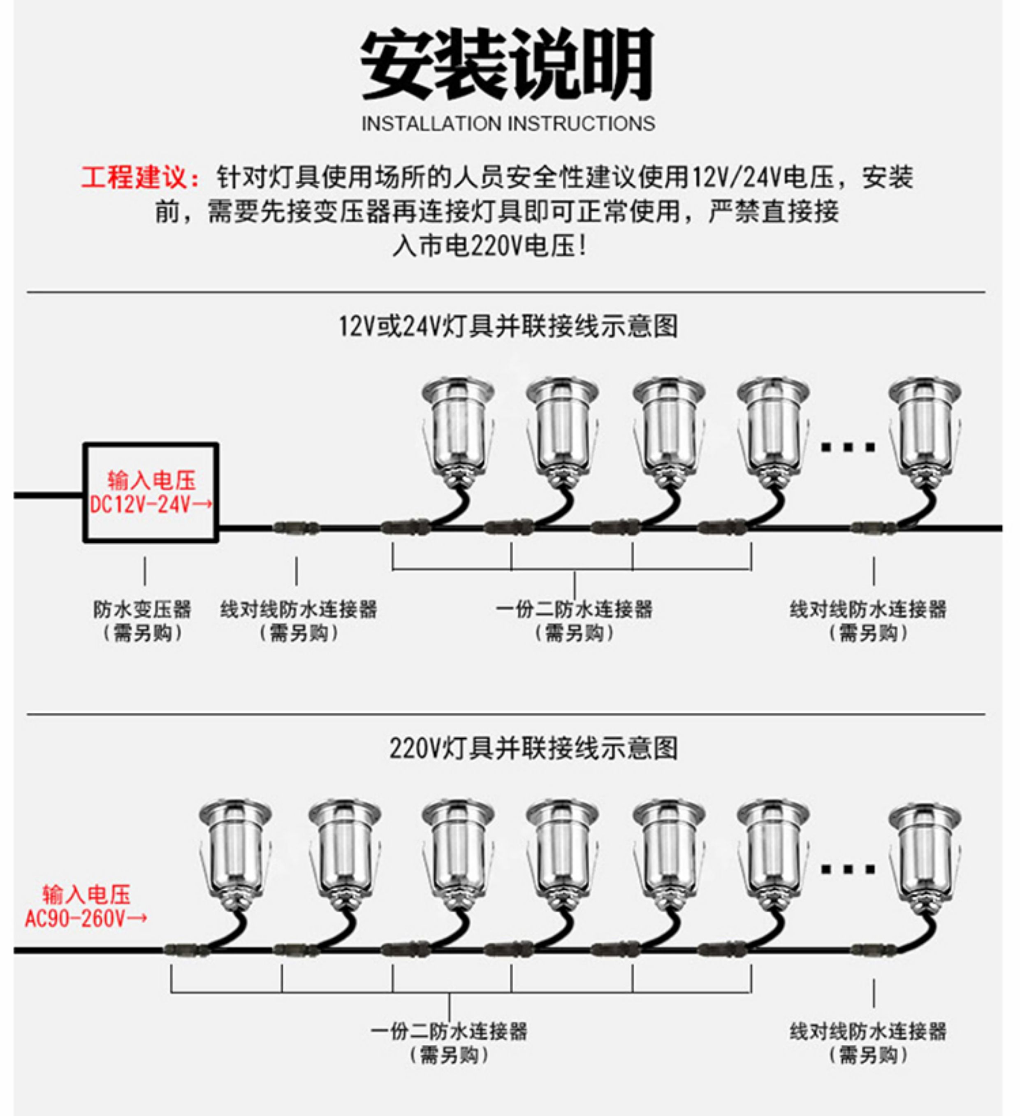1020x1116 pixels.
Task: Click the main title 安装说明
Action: coord(507,64)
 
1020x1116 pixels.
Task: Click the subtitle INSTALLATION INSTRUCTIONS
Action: coord(508,123)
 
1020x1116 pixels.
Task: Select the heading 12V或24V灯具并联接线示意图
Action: coord(508,326)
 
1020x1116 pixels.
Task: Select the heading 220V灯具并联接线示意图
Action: coord(533,749)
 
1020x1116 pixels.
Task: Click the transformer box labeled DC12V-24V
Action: coord(151,492)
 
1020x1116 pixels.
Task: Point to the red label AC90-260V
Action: coord(86,918)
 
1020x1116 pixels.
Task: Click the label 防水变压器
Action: coord(142,609)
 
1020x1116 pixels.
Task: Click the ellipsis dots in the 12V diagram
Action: coord(848,447)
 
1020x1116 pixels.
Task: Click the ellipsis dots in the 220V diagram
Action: coord(848,870)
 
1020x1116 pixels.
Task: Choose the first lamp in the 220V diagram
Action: coord(235,853)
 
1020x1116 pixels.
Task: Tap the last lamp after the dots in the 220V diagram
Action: coord(924,853)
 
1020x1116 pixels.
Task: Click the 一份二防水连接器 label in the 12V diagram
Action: coord(574,609)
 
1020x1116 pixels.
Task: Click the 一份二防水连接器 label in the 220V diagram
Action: coord(449,1031)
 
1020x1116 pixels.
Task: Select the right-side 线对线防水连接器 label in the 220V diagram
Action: coord(868,1031)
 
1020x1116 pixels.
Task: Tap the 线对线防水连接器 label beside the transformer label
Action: coord(299,609)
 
